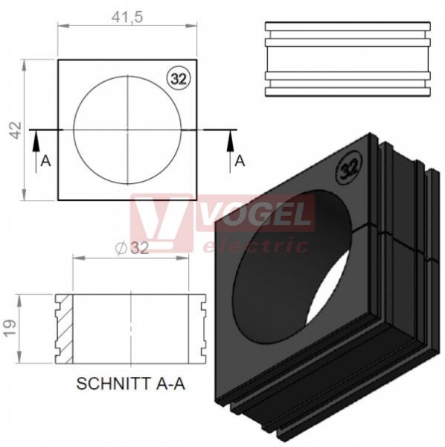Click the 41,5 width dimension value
(127, 17)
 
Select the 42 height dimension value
(16, 130)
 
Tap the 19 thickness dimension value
(10, 329)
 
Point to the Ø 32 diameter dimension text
(132, 248)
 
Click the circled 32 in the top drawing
(179, 79)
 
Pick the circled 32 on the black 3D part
(348, 168)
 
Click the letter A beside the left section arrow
(45, 162)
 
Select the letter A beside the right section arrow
(240, 161)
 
